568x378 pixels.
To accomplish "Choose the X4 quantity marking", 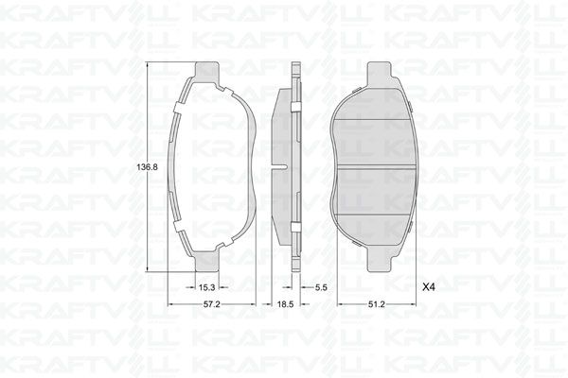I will (x=428, y=287).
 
